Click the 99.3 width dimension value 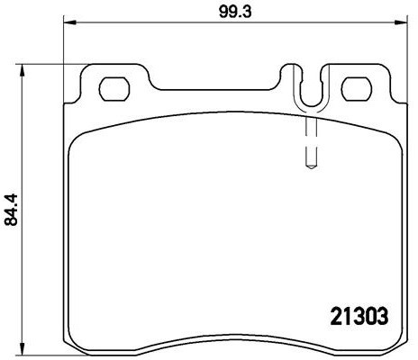[x=235, y=12]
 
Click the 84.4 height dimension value [x=12, y=210]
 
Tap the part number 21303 [x=359, y=317]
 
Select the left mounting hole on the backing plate [x=114, y=89]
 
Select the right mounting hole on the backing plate [x=357, y=89]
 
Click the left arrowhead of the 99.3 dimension [x=70, y=22]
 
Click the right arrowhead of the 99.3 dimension [x=401, y=22]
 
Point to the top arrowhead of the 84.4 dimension [x=22, y=71]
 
